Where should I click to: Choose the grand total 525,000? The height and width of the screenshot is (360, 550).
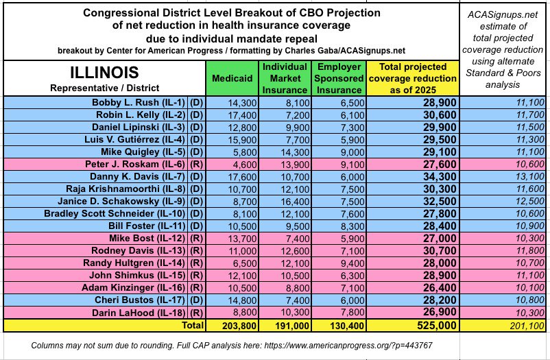tap(413, 325)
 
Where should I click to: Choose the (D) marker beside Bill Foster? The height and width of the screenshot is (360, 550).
tap(195, 226)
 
